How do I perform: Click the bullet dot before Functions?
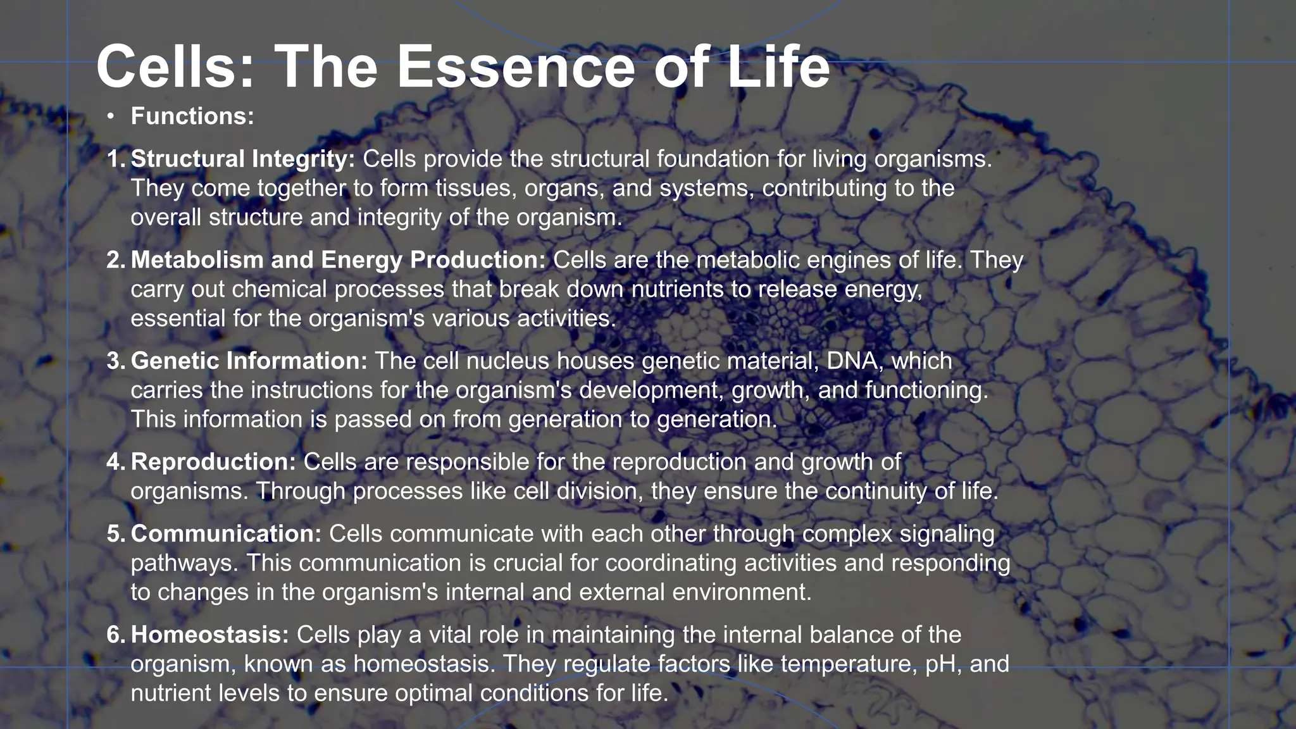pos(111,116)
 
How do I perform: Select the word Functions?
pos(192,116)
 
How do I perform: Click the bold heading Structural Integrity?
pos(243,159)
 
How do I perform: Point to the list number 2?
pos(115,260)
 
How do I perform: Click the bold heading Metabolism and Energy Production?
pos(338,260)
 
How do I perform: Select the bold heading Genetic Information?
pos(249,361)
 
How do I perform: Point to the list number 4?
pos(115,462)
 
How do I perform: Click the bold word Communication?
pos(227,534)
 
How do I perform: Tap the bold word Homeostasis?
pos(209,635)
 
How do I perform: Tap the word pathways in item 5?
pos(184,563)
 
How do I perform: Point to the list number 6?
pos(115,635)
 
